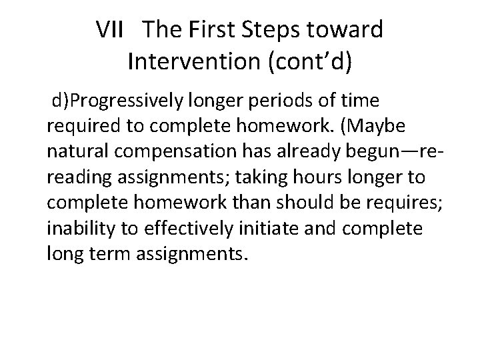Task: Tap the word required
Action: (x=79, y=127)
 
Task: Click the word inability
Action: (x=75, y=229)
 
